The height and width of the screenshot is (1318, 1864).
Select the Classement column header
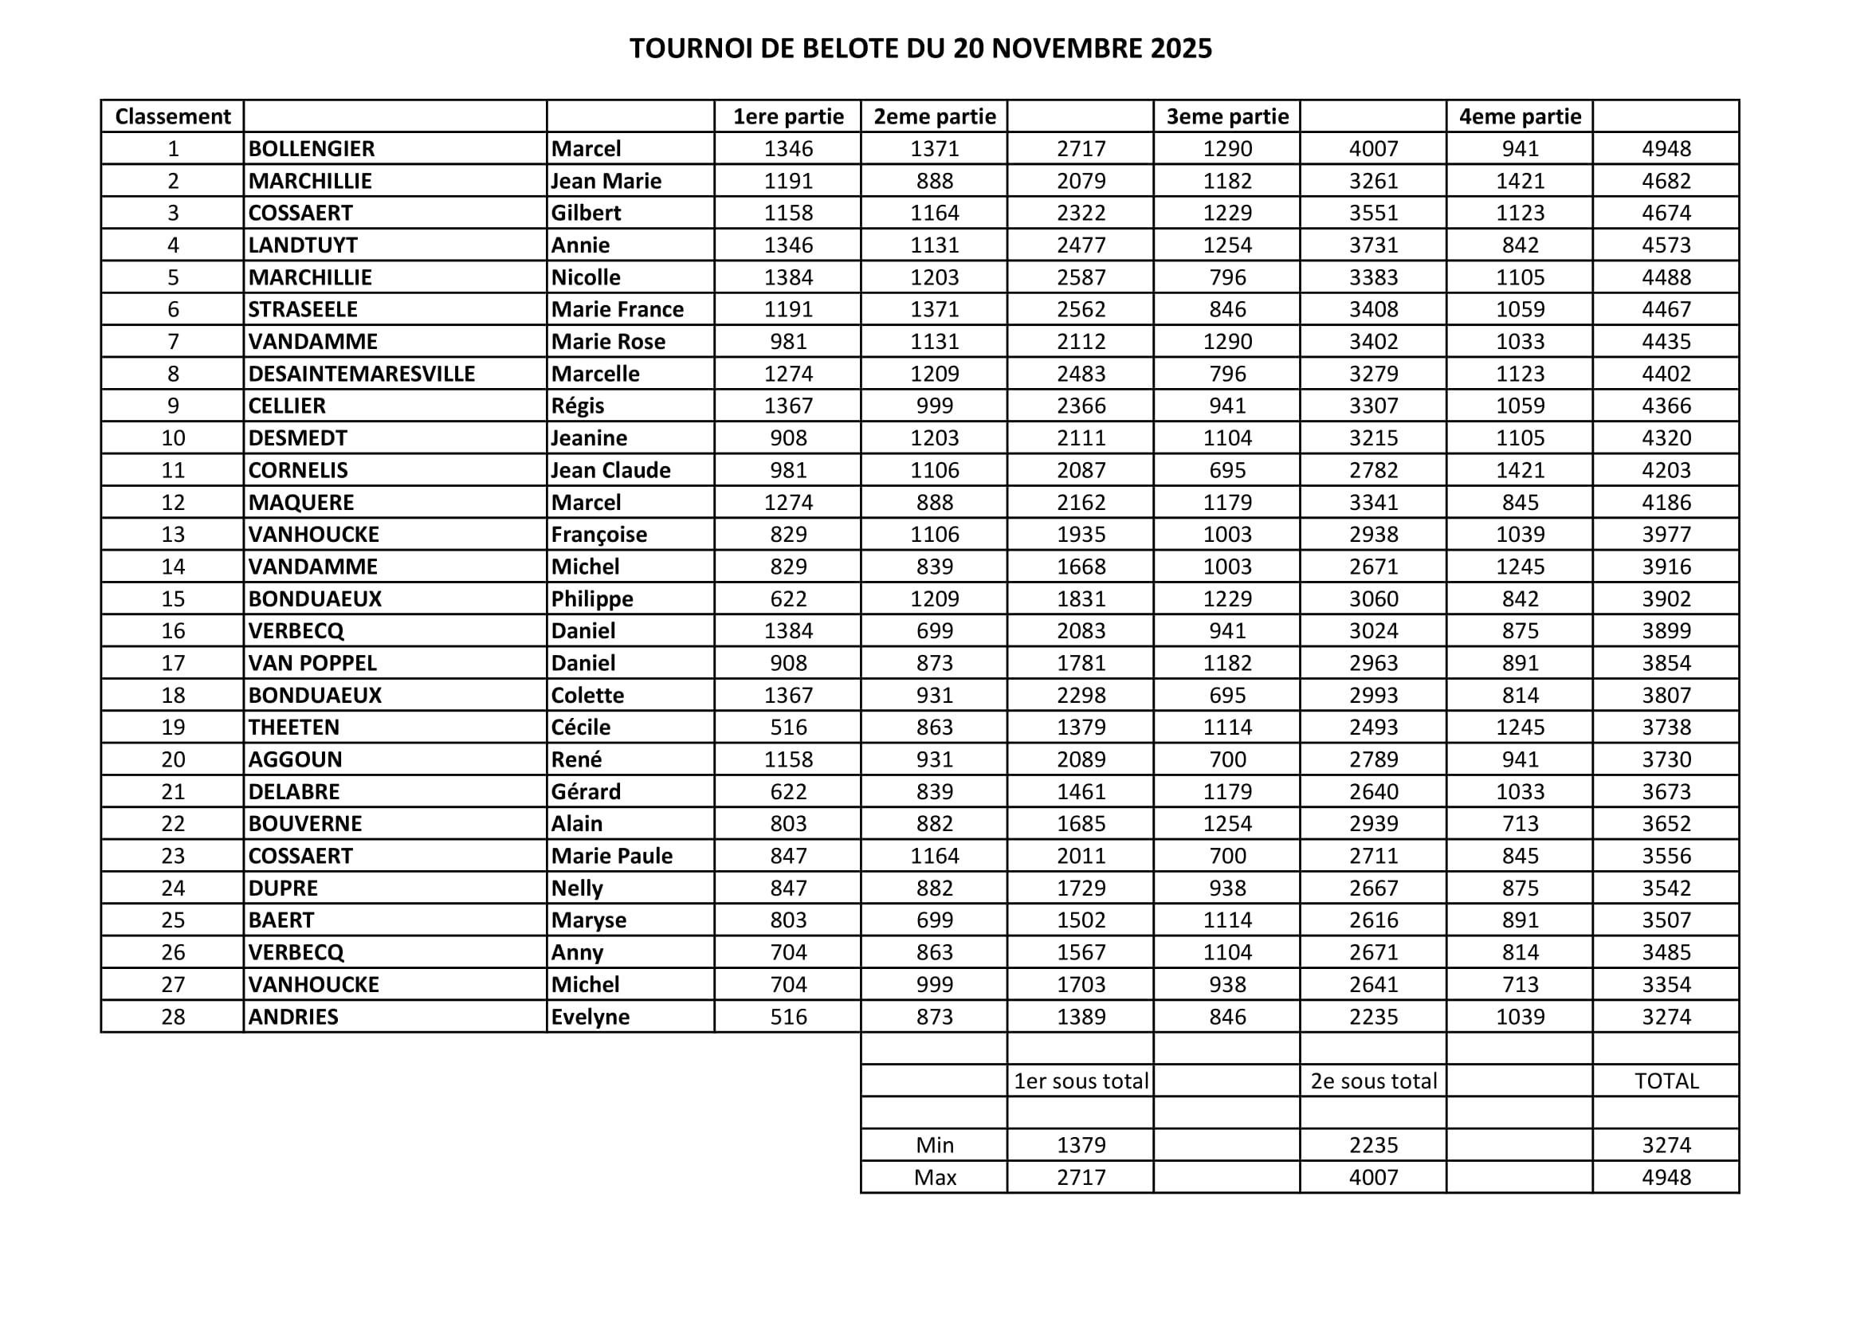(173, 117)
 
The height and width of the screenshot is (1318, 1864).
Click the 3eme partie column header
(1226, 117)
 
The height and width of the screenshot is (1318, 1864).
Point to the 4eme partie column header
(1520, 117)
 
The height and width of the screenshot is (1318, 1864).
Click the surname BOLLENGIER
(312, 149)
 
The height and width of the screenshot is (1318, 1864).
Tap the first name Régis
(578, 406)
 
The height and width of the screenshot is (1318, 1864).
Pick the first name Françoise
(599, 535)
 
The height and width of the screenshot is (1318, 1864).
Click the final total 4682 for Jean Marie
(1666, 181)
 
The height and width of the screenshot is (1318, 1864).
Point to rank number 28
(173, 1017)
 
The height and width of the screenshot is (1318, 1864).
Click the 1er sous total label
(1081, 1081)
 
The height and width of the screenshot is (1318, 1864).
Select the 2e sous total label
(1374, 1081)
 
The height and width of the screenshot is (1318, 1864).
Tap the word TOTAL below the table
(1666, 1081)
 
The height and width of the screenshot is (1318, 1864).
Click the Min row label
(935, 1145)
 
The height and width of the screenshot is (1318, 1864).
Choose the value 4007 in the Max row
(1374, 1178)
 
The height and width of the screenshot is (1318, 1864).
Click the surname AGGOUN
(296, 759)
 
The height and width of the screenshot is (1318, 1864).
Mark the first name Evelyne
(591, 1017)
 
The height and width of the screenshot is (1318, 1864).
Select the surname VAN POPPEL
(312, 663)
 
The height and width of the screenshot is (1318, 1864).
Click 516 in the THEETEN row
(788, 728)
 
